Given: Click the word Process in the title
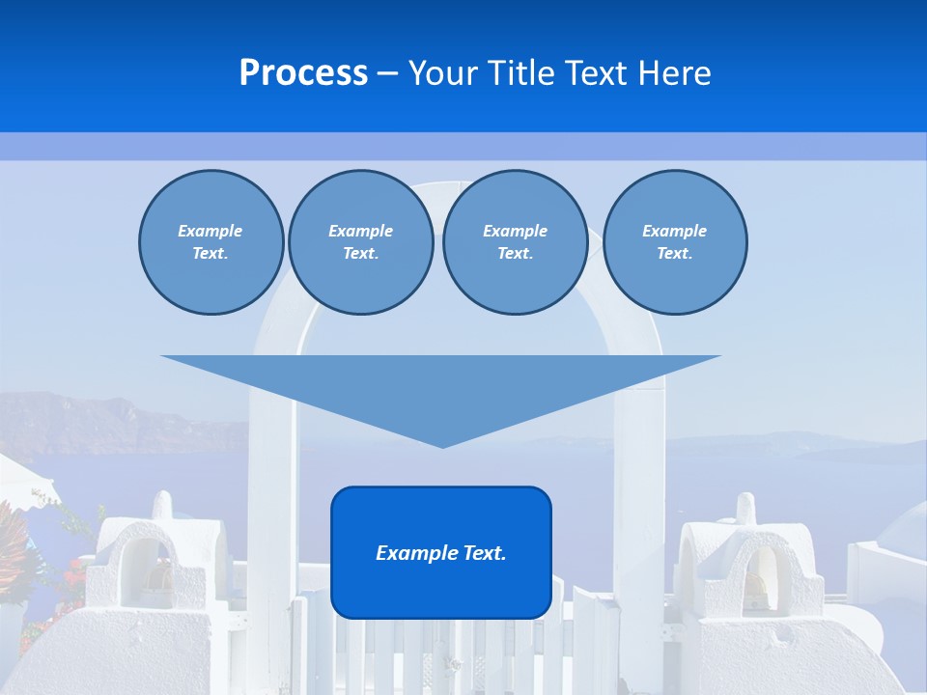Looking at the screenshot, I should tap(303, 73).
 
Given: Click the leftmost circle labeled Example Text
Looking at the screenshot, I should tap(211, 242).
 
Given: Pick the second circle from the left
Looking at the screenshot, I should tap(360, 242).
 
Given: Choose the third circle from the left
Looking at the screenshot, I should tap(515, 242).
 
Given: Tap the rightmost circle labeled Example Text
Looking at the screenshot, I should tap(674, 242).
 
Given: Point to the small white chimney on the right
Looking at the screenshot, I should tap(745, 509).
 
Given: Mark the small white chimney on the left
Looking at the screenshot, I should tap(162, 505).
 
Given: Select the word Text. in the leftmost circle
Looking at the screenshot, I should tap(211, 254).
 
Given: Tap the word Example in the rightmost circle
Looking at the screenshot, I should tap(674, 231).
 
